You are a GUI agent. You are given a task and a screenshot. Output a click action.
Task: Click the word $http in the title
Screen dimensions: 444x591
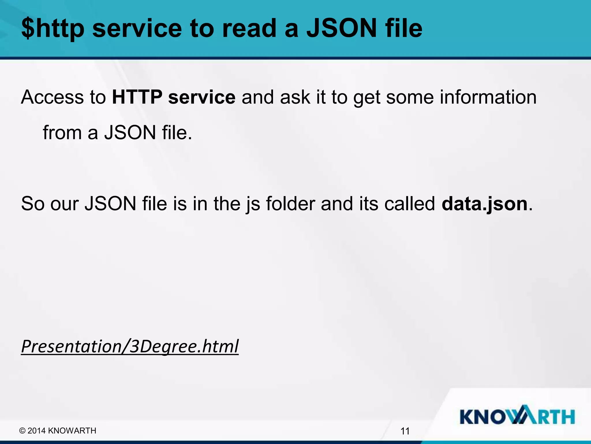coord(53,28)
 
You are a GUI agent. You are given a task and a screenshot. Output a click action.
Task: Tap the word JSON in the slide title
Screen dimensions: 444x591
coord(342,28)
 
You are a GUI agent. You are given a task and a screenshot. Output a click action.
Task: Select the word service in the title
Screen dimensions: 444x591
coord(137,28)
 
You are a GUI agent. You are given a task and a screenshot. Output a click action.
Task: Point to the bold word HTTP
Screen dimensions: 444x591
coord(137,97)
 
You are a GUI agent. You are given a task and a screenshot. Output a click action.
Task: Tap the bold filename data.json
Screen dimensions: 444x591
coord(485,204)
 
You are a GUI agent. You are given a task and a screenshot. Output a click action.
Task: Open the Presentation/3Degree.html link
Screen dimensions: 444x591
coord(130,346)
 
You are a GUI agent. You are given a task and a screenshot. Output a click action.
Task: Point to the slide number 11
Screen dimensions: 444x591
coord(405,431)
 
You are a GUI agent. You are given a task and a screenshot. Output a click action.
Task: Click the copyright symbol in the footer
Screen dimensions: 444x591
coord(22,431)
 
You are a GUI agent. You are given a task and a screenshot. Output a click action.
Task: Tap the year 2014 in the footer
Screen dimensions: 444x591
coord(37,431)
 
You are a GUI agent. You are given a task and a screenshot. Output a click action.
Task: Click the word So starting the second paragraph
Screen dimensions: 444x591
coord(32,204)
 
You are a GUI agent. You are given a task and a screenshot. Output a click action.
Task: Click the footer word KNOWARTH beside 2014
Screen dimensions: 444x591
coord(72,431)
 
